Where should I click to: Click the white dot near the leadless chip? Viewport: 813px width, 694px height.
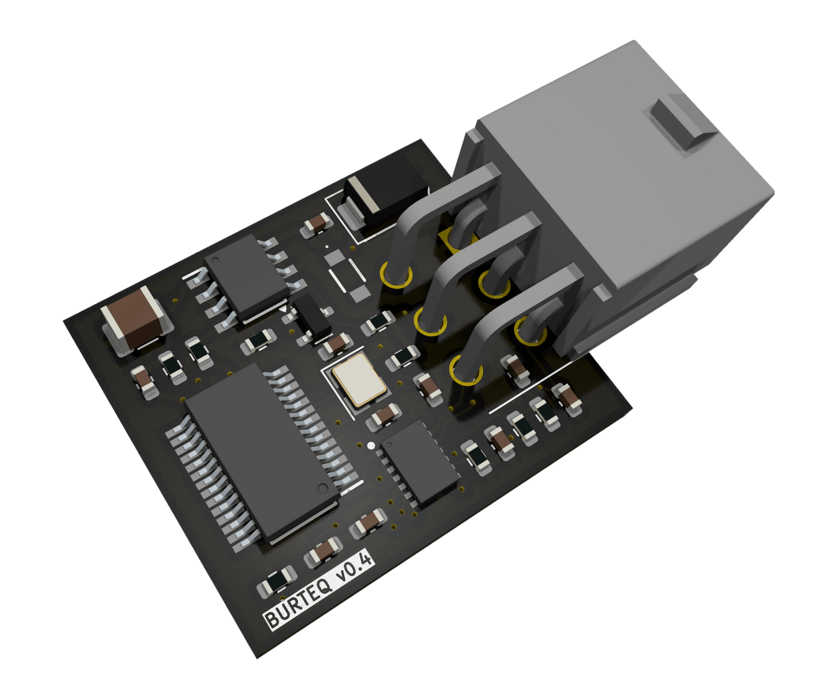(x=371, y=446)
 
